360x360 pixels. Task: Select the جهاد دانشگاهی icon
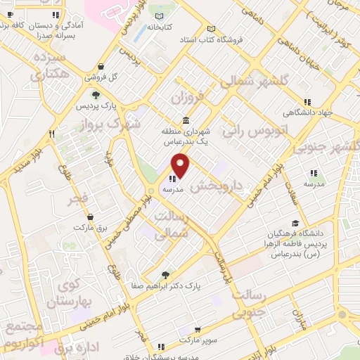tap(307, 101)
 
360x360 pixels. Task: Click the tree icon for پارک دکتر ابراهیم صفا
tap(165, 275)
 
